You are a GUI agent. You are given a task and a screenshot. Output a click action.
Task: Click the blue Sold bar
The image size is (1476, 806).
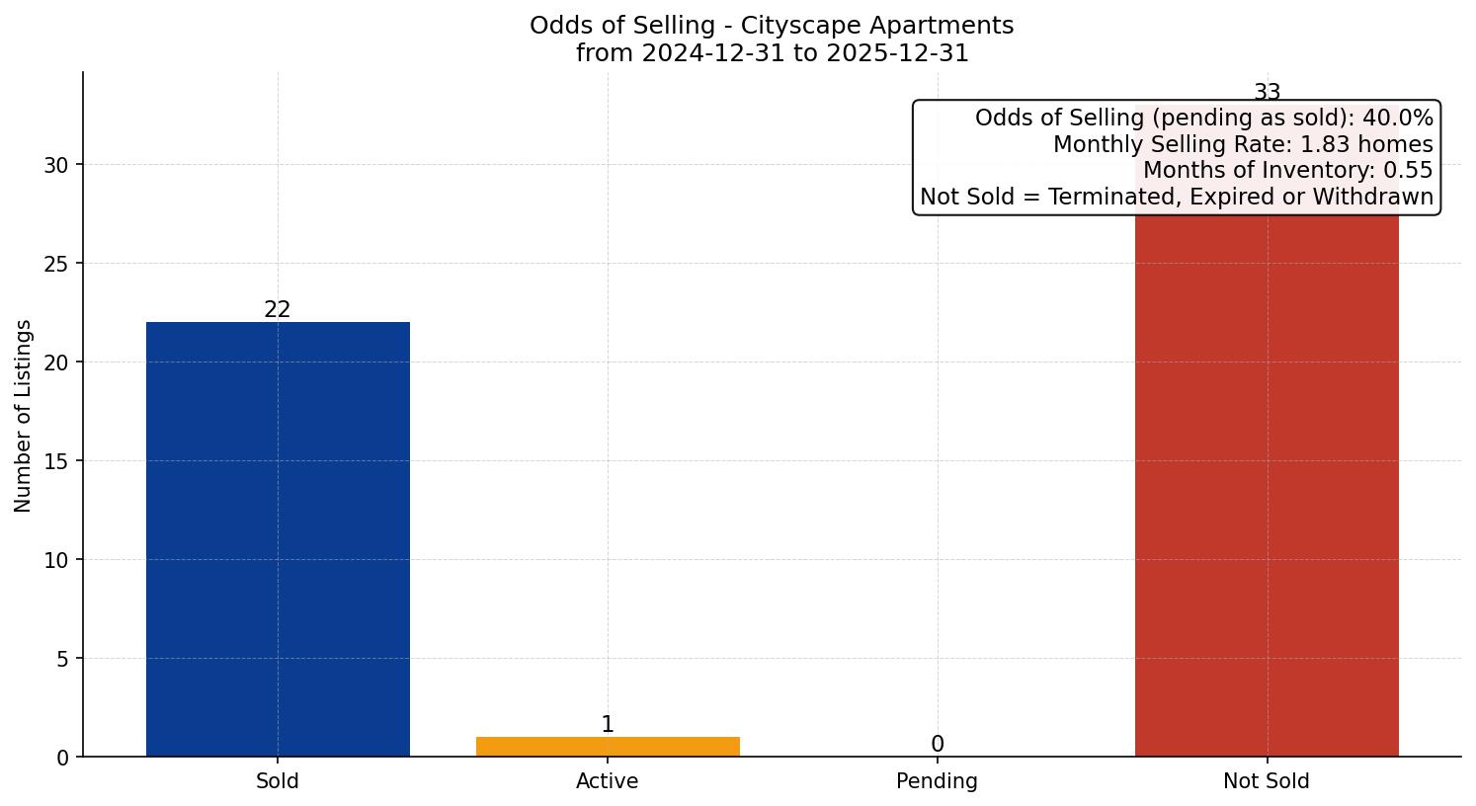[x=278, y=538]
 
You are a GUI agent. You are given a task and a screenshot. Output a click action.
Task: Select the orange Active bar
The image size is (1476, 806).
[x=608, y=747]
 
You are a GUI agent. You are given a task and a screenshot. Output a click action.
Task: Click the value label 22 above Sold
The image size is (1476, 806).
[x=278, y=310]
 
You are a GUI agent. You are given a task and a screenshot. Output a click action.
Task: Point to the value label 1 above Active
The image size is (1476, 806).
[x=608, y=725]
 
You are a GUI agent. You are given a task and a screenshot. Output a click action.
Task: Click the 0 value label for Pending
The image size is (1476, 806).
[x=938, y=745]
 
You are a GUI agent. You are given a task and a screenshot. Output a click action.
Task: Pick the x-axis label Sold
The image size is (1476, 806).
[x=278, y=781]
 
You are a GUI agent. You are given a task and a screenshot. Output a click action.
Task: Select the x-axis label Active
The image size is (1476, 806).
[x=608, y=781]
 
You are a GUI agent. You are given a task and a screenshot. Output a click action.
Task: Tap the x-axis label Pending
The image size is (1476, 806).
[x=938, y=781]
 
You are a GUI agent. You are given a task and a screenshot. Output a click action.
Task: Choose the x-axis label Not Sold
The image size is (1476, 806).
[x=1267, y=781]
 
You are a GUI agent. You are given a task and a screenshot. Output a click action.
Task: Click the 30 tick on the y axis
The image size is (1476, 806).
[x=56, y=165]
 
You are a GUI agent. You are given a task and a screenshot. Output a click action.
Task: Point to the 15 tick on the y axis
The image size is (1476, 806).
[x=56, y=461]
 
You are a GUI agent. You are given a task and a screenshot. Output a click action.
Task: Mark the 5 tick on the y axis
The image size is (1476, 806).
[x=62, y=659]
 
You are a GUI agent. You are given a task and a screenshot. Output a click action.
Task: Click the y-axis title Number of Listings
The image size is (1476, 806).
[x=24, y=416]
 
